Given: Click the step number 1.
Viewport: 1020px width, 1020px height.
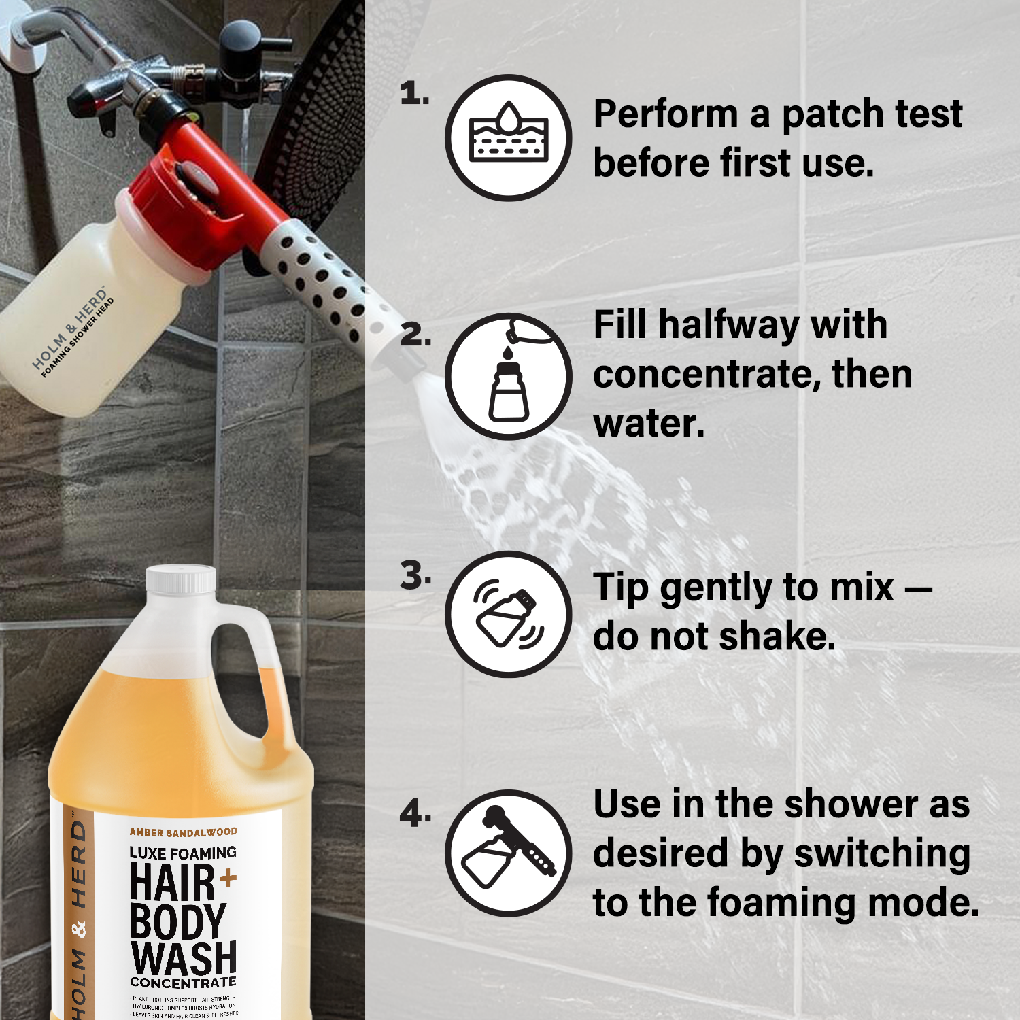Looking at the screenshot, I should tap(413, 93).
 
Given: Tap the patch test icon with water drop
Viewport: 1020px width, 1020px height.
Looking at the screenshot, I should tap(509, 138).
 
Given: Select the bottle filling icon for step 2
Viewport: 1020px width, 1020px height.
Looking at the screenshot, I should tap(509, 376).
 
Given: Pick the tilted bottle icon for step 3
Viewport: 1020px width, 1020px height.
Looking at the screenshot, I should tap(509, 614).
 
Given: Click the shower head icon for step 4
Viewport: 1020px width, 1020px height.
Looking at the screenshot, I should tap(509, 853).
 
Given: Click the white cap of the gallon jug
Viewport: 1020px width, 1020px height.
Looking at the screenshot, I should tap(181, 580).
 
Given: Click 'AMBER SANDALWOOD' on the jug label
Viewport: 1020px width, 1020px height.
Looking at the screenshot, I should tap(183, 832).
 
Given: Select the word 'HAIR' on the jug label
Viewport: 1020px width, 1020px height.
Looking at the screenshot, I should tap(172, 882).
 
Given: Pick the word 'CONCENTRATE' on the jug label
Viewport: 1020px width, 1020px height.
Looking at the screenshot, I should tap(183, 983).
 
